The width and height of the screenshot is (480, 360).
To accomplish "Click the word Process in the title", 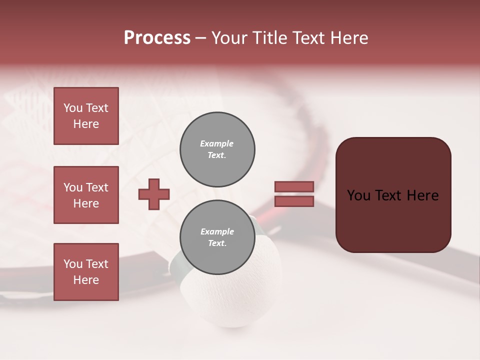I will point(157,38).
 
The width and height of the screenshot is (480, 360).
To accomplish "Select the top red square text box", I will point(86,116).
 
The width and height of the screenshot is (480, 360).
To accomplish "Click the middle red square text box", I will point(86,195).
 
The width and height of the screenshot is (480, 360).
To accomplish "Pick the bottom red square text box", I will point(86,272).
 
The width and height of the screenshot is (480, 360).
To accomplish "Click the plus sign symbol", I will point(154,194).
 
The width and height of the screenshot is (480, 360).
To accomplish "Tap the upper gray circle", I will point(217,149).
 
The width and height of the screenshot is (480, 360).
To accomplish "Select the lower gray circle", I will point(217,237).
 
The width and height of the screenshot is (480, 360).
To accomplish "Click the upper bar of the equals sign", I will point(294,186).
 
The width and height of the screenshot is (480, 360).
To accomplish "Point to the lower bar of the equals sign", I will point(294,201).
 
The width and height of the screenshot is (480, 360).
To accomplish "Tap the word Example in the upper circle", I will point(217,143).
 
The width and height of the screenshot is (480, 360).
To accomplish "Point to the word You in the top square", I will point(73,108).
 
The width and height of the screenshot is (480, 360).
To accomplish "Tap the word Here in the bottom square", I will point(86,280).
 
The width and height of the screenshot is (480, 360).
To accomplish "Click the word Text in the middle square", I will point(97,187).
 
